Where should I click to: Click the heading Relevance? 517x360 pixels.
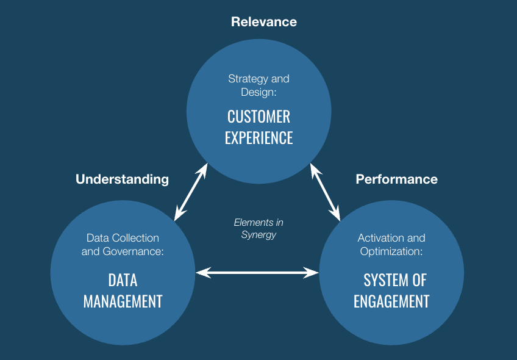(264, 22)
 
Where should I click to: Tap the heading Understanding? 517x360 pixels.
(122, 179)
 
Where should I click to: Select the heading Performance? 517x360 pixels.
(396, 179)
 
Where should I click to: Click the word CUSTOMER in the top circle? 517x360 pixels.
(258, 116)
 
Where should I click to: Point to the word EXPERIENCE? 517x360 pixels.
(258, 137)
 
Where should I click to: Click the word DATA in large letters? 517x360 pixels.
(123, 280)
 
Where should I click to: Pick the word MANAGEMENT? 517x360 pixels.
(123, 301)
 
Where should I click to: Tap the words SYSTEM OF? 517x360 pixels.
(395, 280)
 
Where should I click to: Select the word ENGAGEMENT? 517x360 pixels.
(391, 301)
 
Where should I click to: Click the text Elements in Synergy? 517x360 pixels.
(258, 229)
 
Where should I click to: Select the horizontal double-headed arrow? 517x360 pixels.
(257, 273)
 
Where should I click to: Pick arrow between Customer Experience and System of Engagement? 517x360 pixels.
(326, 192)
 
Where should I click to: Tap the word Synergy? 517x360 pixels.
(258, 235)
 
